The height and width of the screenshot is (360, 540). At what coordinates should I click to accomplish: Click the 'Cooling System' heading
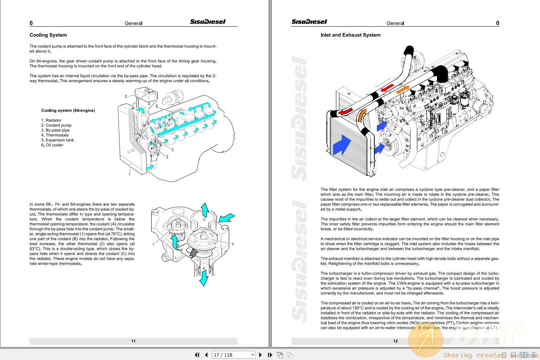tap(48, 35)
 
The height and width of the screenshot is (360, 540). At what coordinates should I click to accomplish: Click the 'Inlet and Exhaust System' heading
tap(350, 35)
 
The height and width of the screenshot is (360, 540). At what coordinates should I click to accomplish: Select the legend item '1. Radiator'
tap(51, 120)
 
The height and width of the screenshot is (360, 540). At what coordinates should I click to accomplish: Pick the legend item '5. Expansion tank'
tap(57, 140)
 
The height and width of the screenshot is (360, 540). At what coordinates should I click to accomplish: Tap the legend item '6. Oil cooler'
tap(52, 145)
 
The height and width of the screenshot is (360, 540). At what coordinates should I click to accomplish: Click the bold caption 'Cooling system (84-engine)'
tap(68, 111)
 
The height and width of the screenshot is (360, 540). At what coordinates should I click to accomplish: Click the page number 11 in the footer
tap(133, 341)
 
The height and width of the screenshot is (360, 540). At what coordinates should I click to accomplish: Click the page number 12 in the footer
tap(395, 341)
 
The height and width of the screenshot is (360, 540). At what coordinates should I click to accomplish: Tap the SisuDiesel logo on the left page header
tap(208, 22)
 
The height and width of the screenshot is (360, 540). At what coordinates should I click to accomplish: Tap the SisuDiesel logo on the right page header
tap(309, 22)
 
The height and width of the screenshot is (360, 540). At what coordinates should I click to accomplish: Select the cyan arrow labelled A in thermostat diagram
tap(204, 277)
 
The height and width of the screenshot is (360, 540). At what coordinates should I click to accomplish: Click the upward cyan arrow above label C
tap(205, 209)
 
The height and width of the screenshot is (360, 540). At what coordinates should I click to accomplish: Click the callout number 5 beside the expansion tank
tap(126, 96)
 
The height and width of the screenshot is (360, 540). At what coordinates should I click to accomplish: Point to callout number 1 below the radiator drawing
tap(130, 174)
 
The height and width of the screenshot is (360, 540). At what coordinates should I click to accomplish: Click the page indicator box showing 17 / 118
tap(234, 355)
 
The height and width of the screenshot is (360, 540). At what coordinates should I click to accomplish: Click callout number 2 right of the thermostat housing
tap(233, 244)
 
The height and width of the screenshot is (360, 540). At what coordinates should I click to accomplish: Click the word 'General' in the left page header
tap(133, 23)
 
